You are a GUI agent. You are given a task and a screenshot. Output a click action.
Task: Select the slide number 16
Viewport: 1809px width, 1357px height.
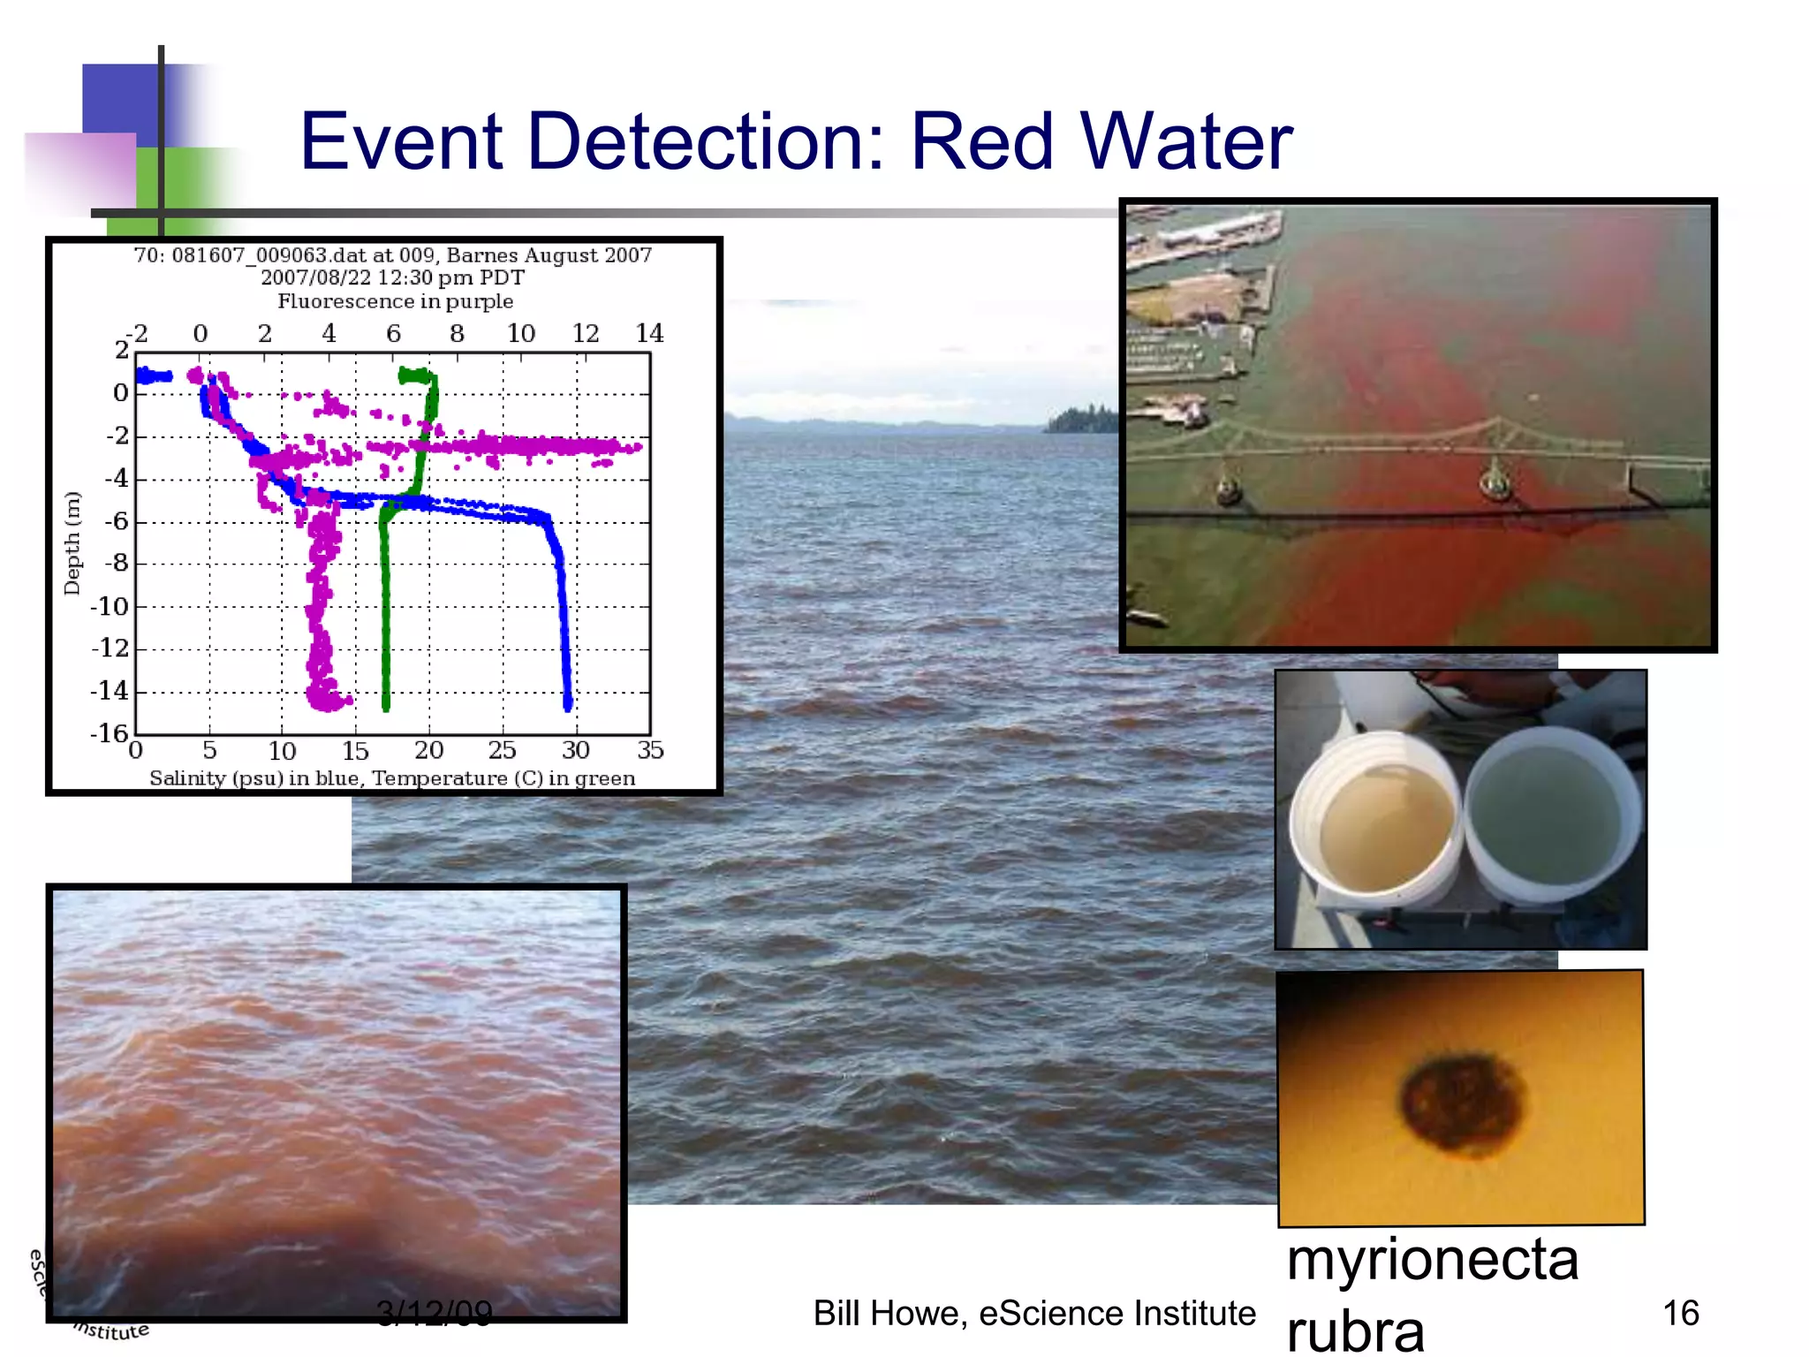(x=1681, y=1313)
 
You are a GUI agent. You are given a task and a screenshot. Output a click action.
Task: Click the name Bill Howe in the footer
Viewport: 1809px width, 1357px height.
(x=889, y=1314)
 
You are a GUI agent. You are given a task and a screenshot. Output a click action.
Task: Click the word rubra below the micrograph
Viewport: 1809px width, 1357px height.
(x=1356, y=1330)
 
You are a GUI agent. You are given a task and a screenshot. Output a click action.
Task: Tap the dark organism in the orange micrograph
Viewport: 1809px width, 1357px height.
(x=1463, y=1102)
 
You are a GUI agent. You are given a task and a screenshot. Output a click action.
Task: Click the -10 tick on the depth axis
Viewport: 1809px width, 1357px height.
(x=110, y=606)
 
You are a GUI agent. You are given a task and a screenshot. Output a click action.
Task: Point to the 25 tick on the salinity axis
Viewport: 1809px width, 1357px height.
(x=503, y=750)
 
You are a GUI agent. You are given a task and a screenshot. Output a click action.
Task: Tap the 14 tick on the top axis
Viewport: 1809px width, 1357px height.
(x=649, y=333)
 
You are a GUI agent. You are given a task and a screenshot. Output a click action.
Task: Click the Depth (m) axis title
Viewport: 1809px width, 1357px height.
(x=72, y=542)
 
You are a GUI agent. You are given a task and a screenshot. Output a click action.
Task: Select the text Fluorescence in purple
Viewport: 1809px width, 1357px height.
(x=395, y=301)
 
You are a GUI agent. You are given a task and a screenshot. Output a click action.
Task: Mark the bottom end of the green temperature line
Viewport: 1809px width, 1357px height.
(x=386, y=706)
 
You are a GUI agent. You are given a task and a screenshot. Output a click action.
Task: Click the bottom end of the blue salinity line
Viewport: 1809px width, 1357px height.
(x=568, y=704)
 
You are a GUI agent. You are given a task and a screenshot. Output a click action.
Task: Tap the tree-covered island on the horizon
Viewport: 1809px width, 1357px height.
(x=1082, y=421)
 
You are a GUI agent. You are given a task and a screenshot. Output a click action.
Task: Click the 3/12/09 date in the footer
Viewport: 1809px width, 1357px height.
(x=434, y=1313)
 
